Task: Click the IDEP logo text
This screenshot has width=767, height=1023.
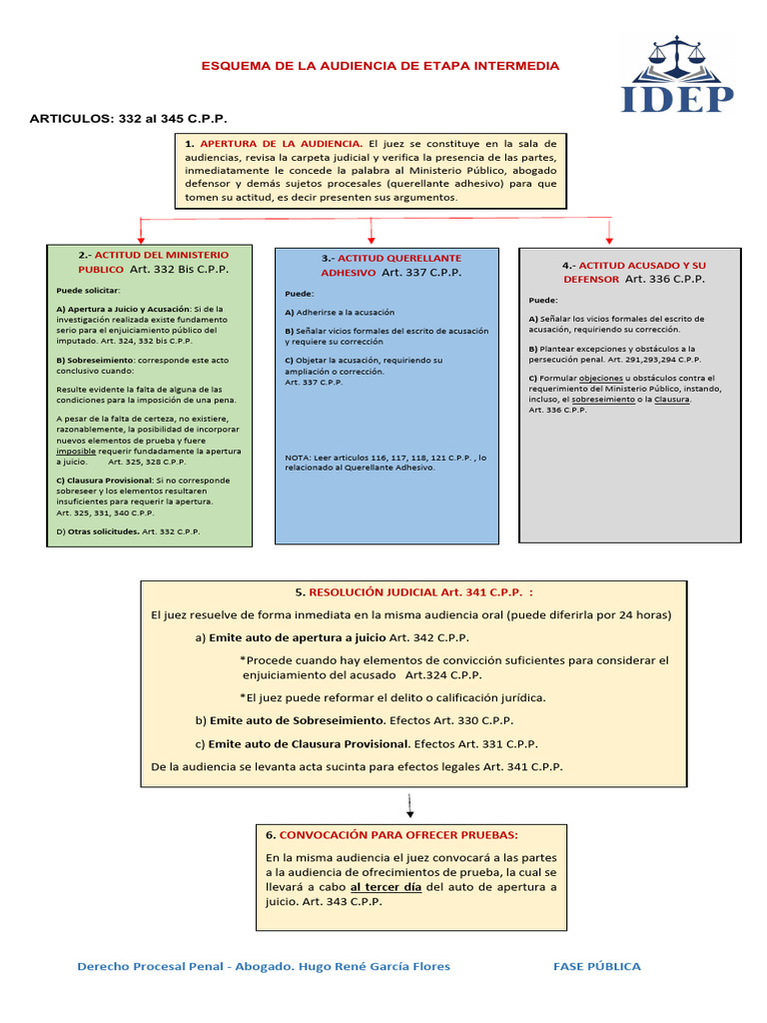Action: pos(678,98)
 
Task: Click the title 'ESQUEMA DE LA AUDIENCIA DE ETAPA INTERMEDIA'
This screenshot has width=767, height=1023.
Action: pos(381,66)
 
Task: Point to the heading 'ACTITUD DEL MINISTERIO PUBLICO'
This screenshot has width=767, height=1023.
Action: pos(150,262)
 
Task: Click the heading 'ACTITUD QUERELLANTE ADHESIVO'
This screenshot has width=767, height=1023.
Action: pos(385,264)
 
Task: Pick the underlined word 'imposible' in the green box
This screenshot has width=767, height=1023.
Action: pos(76,452)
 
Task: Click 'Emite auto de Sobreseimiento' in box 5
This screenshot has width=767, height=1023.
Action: pos(297,719)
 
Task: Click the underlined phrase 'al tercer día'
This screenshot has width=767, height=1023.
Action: pos(387,887)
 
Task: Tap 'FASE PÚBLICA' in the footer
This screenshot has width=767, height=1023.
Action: pos(597,966)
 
